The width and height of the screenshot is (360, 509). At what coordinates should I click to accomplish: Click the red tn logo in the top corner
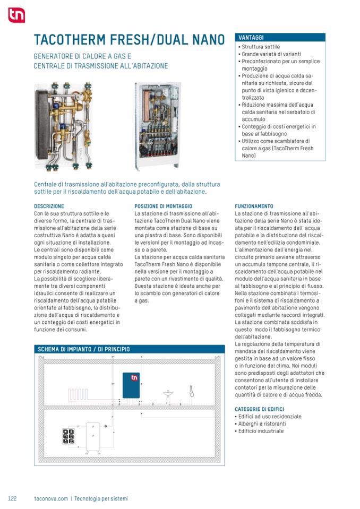[x=16, y=15]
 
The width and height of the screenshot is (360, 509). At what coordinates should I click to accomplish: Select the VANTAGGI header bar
[x=280, y=38]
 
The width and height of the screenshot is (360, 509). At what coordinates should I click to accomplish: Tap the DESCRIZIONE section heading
[x=49, y=206]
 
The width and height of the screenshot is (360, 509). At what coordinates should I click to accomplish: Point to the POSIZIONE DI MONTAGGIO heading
[x=163, y=206]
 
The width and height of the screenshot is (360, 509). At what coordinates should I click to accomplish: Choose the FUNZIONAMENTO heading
[x=254, y=206]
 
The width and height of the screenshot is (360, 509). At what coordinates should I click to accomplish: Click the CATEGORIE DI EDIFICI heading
[x=259, y=409]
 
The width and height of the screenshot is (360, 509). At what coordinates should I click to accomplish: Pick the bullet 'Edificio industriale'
[x=262, y=432]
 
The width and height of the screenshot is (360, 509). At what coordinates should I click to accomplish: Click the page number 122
[x=13, y=498]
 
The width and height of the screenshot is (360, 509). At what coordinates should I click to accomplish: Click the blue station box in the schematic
[x=131, y=385]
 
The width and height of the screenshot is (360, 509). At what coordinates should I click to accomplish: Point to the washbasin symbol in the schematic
[x=168, y=393]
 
